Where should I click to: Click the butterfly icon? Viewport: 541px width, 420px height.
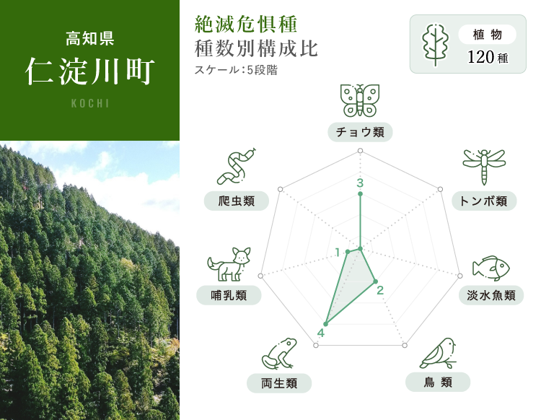click(360, 100)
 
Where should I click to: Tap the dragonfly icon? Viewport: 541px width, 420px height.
click(484, 167)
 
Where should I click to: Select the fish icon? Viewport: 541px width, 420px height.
click(491, 268)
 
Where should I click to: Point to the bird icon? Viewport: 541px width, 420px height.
click(438, 354)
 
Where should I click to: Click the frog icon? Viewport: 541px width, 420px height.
click(279, 354)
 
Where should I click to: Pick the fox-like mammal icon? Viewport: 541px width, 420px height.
click(229, 264)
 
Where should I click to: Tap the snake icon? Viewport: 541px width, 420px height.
click(237, 167)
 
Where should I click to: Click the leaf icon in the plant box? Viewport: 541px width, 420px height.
click(436, 45)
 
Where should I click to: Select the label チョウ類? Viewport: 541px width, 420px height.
click(360, 132)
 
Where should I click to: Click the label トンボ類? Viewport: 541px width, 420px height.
click(484, 201)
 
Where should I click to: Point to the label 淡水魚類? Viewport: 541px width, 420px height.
click(491, 295)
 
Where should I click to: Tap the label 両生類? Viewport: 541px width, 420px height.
click(279, 383)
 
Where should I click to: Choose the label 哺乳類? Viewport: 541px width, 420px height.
click(229, 295)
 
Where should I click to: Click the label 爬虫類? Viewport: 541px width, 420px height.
click(237, 201)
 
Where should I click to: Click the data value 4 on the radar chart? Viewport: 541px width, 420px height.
click(321, 333)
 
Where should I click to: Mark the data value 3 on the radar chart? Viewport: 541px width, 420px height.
click(360, 183)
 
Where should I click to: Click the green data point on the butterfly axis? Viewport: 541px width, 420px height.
click(360, 194)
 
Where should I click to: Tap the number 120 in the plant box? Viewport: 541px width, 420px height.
click(480, 57)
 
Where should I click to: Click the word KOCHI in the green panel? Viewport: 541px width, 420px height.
click(90, 103)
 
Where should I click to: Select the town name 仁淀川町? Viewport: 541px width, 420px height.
click(89, 71)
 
